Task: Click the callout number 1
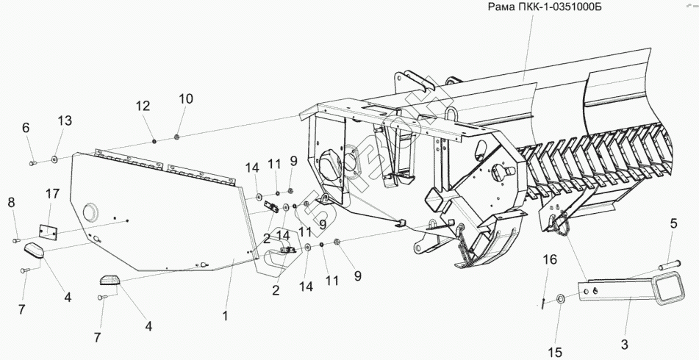pyautogui.click(x=226, y=316)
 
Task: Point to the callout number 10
pyautogui.click(x=185, y=98)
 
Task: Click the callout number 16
pyautogui.click(x=551, y=259)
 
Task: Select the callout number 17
pyautogui.click(x=51, y=195)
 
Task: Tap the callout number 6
pyautogui.click(x=26, y=127)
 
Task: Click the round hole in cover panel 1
pyautogui.click(x=91, y=212)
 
